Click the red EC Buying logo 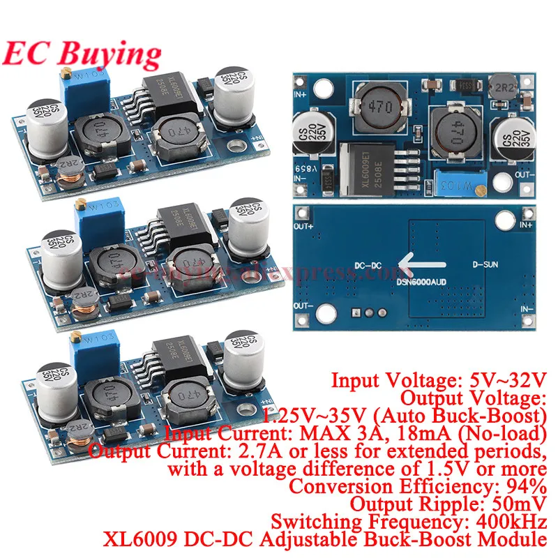(82, 53)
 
